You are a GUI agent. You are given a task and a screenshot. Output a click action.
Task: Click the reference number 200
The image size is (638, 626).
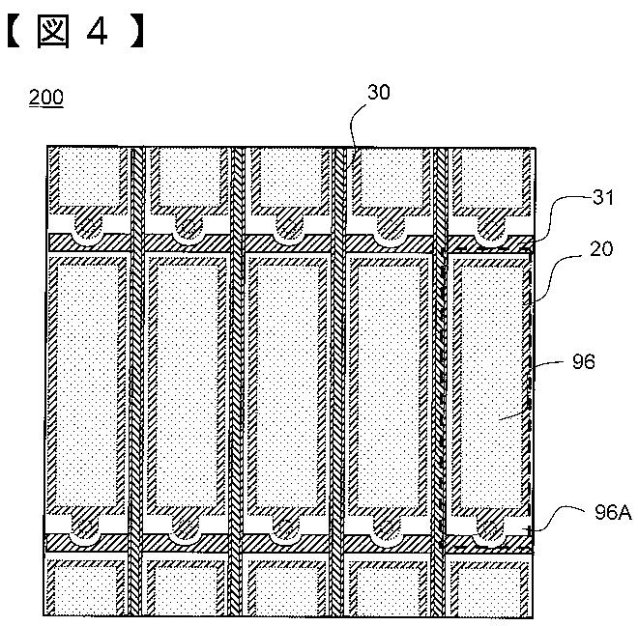[46, 98]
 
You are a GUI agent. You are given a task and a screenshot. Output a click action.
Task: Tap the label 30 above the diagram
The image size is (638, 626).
[380, 92]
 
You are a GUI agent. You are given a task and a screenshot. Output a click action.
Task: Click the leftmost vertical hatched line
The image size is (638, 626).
[137, 386]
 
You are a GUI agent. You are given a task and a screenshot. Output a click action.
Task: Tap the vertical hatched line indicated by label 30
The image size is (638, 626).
[339, 386]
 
